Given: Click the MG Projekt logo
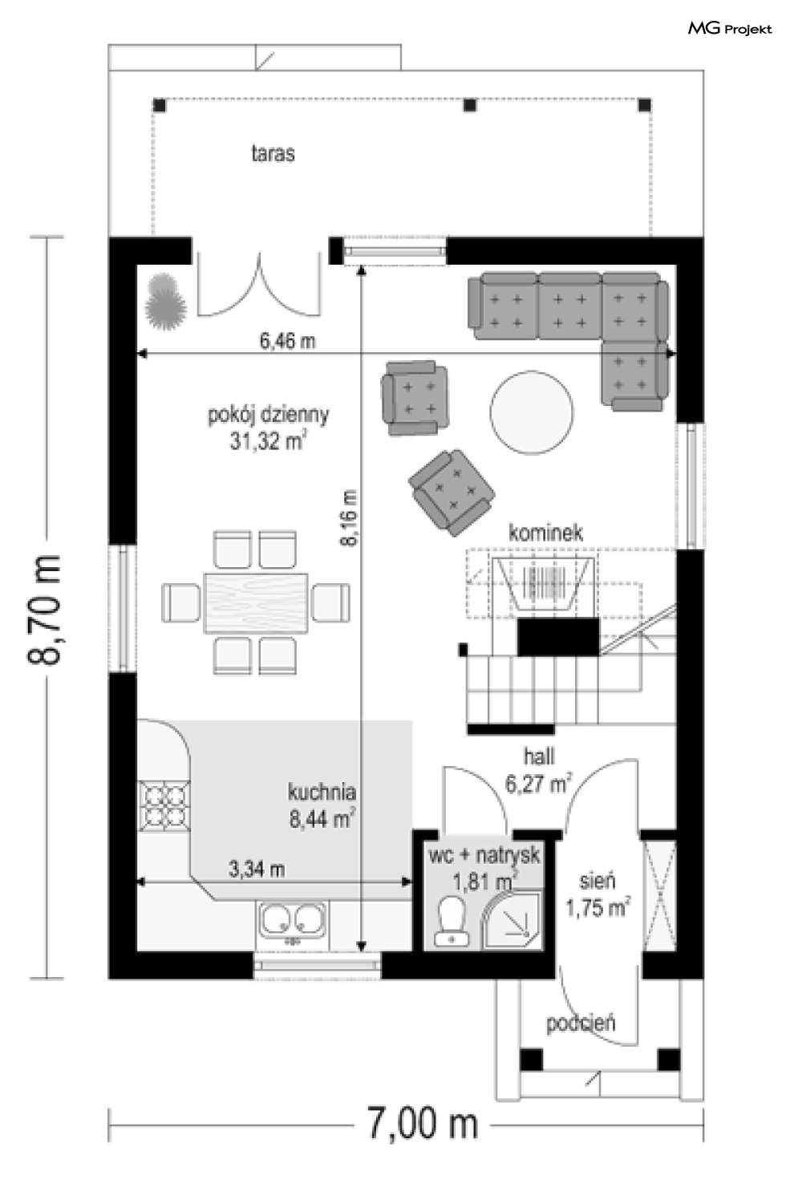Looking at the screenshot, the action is tap(729, 29).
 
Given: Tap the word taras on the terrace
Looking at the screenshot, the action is tap(273, 154).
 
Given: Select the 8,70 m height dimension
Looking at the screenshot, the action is tap(45, 609).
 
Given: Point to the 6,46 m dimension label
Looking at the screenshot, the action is tap(287, 341).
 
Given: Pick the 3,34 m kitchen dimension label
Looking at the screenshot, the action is tap(257, 870).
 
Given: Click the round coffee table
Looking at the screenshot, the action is tap(532, 412).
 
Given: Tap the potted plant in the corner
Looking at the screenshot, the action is tap(165, 301).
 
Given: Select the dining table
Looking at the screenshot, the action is tap(256, 603).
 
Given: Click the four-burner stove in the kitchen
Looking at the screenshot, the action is tap(164, 805).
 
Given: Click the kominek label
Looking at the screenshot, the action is tap(546, 533).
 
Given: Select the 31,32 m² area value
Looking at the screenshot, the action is tap(269, 440).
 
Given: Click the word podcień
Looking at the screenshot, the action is tap(581, 1024).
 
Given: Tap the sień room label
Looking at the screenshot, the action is tap(597, 882).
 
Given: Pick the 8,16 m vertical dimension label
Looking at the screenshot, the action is tap(349, 517).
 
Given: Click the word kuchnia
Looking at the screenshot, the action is tap(322, 792).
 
